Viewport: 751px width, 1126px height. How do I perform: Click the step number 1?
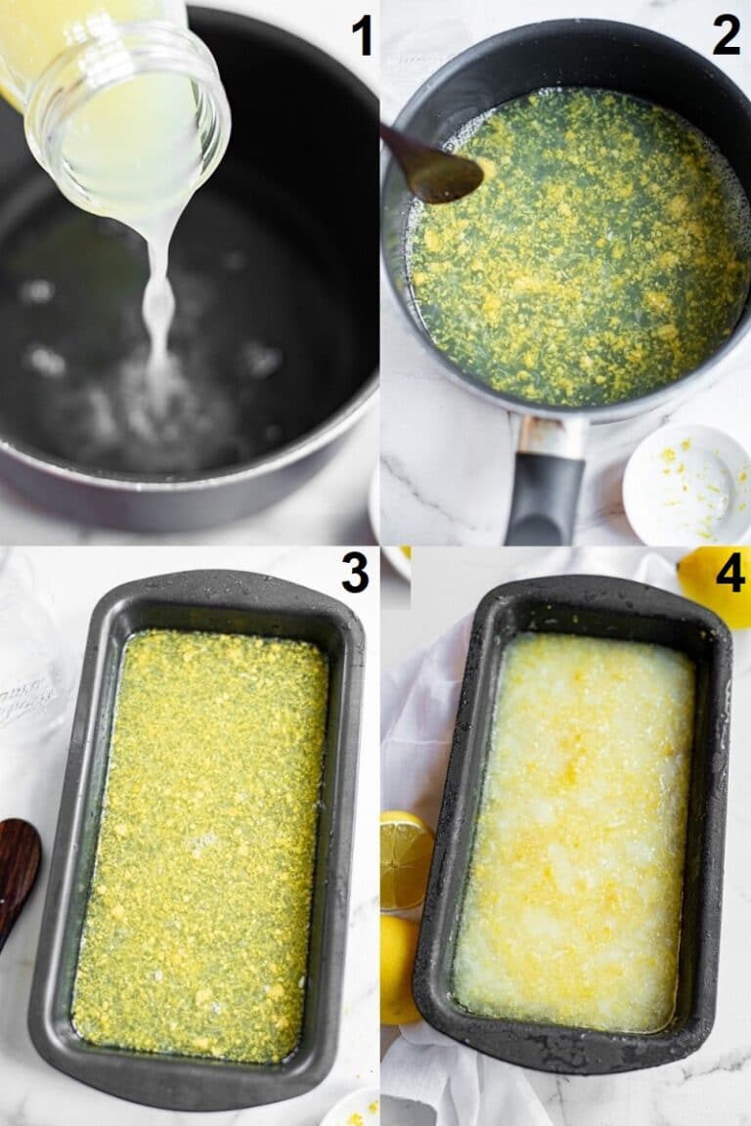tap(362, 36)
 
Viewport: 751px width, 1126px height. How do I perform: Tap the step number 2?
tap(726, 36)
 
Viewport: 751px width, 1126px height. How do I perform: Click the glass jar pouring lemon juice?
tap(115, 108)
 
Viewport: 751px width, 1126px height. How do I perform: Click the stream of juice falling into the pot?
tap(159, 302)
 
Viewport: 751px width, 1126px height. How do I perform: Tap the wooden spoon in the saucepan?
tap(431, 166)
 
